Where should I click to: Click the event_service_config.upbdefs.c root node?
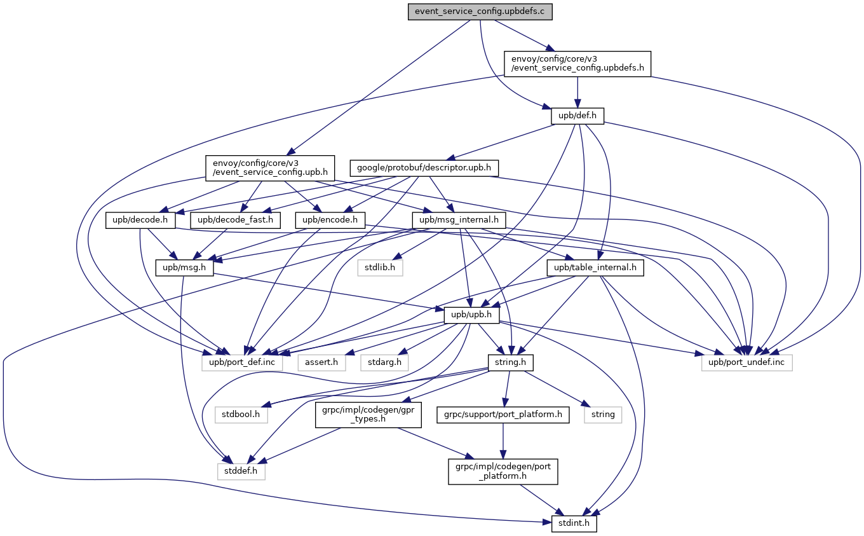click(480, 11)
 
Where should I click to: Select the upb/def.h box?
click(577, 116)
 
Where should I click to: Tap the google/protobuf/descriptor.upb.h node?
click(424, 168)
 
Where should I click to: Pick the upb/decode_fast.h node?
click(236, 221)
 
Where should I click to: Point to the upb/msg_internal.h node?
click(459, 221)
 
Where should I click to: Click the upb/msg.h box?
click(184, 268)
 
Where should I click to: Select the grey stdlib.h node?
click(379, 268)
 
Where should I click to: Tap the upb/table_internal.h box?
click(595, 268)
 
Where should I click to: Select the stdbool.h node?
click(241, 415)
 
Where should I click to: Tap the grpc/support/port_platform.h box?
click(503, 415)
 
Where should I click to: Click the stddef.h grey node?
click(241, 471)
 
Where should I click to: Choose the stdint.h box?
click(570, 523)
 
